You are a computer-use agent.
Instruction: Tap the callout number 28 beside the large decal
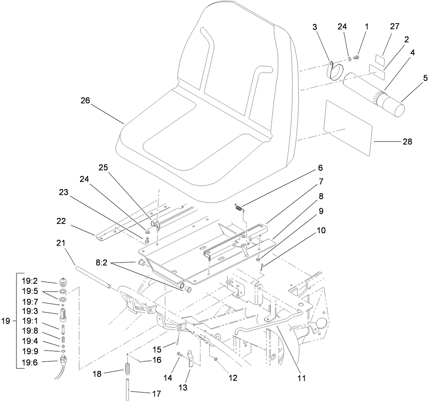tap(407, 142)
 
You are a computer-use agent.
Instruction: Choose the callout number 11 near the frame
tap(301, 378)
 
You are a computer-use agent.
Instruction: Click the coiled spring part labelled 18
tap(128, 370)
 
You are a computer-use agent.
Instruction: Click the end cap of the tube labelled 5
tap(395, 105)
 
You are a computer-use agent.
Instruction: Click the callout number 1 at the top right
tap(366, 27)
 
